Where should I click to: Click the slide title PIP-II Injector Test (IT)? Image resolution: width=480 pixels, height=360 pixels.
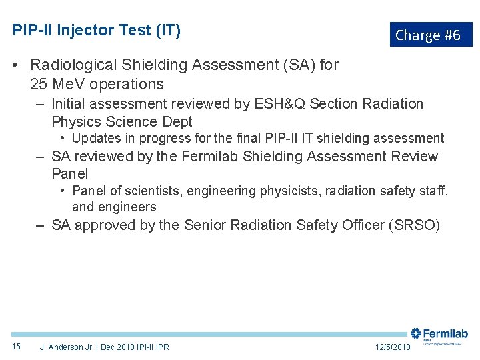coord(97,30)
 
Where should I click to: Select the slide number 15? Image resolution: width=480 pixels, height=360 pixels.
coord(17,347)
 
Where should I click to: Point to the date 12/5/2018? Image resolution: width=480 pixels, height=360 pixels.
coord(393,347)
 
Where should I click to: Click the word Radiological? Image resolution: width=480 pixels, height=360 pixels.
coord(74,65)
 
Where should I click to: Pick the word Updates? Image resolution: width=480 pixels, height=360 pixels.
coord(94,139)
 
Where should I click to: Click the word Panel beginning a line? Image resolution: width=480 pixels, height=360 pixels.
coord(70,174)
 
